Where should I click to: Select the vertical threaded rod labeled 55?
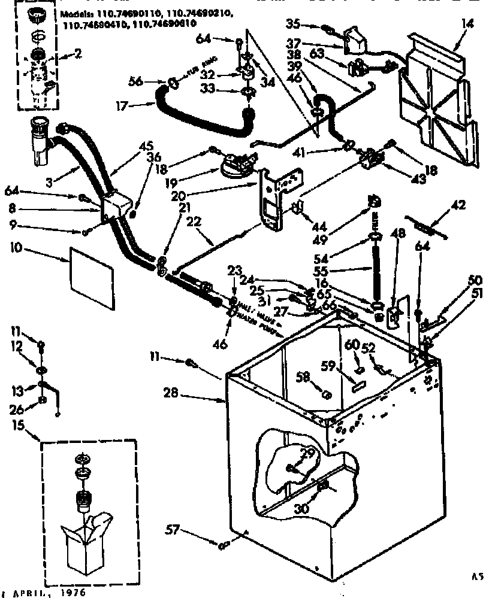376,276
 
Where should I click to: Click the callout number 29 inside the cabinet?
308,457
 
